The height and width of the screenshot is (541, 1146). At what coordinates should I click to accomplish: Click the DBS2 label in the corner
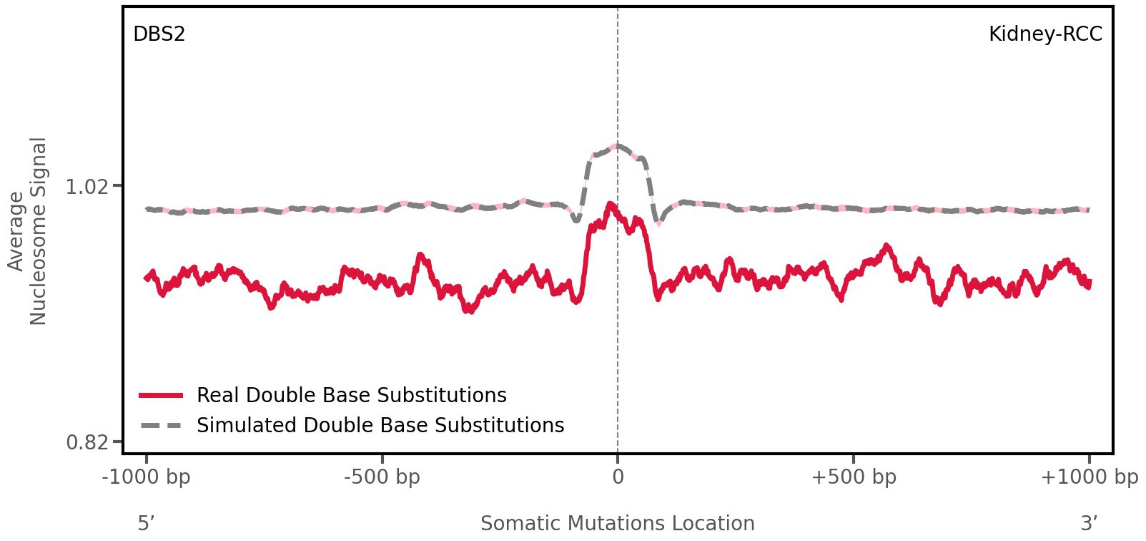(x=159, y=34)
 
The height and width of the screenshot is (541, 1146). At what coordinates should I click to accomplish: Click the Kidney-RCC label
(x=1045, y=34)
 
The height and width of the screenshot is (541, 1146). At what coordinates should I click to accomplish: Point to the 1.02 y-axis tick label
(x=87, y=187)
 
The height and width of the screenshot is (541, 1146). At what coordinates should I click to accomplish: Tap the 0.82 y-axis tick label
(x=87, y=442)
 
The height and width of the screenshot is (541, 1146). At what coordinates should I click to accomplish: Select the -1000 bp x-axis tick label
(x=147, y=477)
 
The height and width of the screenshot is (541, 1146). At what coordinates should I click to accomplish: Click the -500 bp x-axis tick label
(x=382, y=477)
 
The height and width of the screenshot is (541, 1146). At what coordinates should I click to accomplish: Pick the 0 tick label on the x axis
(x=618, y=477)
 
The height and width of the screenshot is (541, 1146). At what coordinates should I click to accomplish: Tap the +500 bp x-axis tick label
(x=854, y=477)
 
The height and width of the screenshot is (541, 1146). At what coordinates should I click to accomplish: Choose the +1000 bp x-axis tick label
(x=1089, y=477)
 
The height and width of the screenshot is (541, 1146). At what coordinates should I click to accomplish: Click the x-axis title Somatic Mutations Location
(x=618, y=524)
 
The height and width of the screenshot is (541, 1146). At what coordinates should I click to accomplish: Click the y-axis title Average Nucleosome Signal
(x=27, y=231)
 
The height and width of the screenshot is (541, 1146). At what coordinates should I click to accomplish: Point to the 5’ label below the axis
(x=146, y=524)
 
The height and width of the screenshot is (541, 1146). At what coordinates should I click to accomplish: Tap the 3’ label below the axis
(x=1089, y=524)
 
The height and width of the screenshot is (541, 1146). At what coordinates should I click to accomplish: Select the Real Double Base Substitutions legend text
(x=351, y=396)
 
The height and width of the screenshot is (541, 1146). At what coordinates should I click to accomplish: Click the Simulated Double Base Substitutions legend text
(x=380, y=426)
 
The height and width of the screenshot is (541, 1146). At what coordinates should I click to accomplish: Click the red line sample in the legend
(x=162, y=396)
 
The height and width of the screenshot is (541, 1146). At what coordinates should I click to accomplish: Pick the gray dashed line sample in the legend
(x=162, y=426)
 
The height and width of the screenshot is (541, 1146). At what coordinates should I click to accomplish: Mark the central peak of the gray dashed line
(x=617, y=146)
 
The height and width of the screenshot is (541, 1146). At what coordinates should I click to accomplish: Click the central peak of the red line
(x=610, y=205)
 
